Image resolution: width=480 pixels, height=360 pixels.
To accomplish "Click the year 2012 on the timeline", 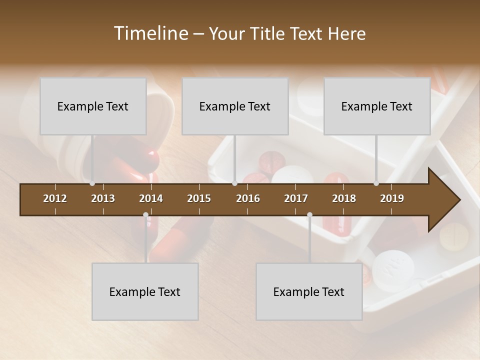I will pos(55,198).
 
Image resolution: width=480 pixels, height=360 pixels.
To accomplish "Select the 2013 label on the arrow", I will pos(103,198).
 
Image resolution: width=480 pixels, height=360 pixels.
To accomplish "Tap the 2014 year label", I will pos(151,198).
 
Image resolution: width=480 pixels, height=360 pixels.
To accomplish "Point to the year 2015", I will pos(199,198).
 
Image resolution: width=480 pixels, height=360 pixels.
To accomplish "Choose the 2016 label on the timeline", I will pos(248,198).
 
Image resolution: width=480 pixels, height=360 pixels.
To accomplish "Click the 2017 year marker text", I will pos(296,198).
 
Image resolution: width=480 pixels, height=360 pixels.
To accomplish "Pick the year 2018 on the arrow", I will pos(344,198).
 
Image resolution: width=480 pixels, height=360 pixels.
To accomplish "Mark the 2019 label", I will pos(392,198).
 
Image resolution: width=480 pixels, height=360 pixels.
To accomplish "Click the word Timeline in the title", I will pos(150,33).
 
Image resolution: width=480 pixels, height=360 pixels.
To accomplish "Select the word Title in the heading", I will pos(269,34).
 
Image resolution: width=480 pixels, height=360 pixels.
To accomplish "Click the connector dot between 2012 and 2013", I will pos(92,183).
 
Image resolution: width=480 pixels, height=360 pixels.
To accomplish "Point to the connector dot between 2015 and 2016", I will pos(234,183).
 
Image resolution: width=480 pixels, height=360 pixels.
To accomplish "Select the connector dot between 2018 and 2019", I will pos(376,183).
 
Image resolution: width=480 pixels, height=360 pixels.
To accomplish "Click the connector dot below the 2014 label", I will pos(145,215).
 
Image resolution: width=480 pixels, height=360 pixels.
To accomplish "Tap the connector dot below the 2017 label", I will pos(309,215).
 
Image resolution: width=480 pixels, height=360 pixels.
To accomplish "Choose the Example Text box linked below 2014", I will pos(145,291).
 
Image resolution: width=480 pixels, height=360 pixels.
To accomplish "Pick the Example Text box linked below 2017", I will pos(309,291).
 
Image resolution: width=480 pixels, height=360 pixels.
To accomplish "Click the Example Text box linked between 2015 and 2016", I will pos(235,106).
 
